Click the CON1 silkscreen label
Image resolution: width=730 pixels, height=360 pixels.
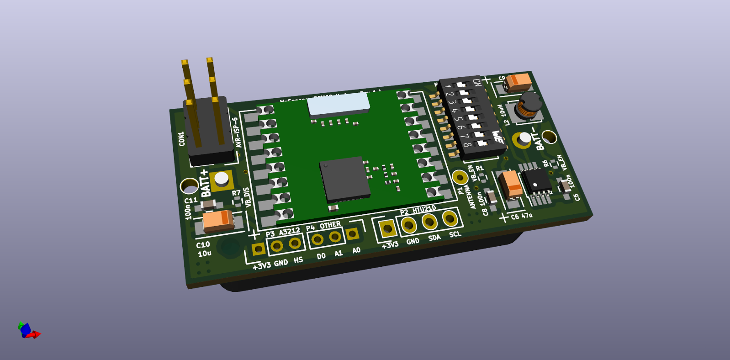coord(182,139)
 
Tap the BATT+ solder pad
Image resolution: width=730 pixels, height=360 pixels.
coord(222,180)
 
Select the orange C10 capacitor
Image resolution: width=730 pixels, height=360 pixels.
coord(218,221)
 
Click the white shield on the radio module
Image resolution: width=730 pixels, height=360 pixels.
coord(339,105)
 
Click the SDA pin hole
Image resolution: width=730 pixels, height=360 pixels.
coord(429,222)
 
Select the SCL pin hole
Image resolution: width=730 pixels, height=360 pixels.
coord(450,218)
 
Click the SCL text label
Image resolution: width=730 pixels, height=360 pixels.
coord(455,234)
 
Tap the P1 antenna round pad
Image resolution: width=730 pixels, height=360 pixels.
coord(460,177)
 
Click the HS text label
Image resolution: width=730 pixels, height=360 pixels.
coord(298,260)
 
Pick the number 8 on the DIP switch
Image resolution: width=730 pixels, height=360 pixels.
coord(467,145)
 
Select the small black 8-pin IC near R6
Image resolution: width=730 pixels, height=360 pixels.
coord(537,180)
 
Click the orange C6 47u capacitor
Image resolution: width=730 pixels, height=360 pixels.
coord(511,185)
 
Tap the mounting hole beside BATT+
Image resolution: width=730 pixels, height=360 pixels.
coord(189,186)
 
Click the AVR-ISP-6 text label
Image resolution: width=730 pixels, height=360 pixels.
coord(236,132)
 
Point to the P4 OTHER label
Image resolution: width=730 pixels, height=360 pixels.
coord(323,226)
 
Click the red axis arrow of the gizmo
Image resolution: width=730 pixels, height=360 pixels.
coord(36,334)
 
